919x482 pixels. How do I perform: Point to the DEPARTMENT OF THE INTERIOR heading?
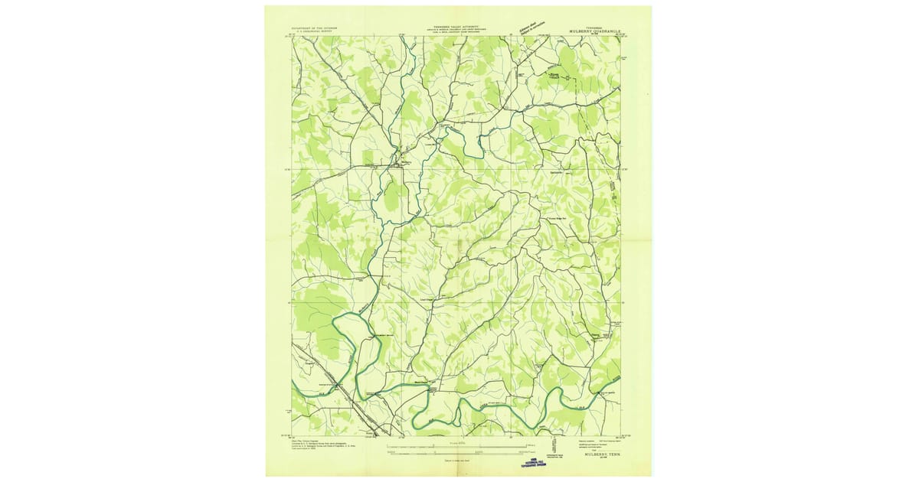pyautogui.click(x=315, y=27)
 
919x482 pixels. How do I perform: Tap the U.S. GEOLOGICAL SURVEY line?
pyautogui.click(x=315, y=31)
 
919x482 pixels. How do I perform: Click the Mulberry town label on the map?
pyautogui.click(x=405, y=162)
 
